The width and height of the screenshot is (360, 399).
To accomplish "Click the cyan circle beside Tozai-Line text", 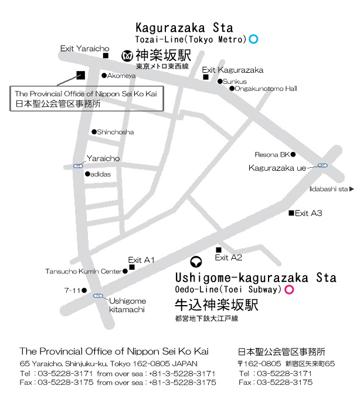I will click(254, 39).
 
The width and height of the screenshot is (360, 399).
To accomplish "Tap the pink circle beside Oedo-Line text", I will click(288, 289).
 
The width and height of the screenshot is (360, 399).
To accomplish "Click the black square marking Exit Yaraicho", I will click(106, 56).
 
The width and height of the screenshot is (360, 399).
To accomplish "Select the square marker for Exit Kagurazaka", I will click(206, 77).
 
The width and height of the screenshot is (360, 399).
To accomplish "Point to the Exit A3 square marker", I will click(291, 213).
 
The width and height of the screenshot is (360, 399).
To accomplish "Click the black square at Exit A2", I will click(219, 249).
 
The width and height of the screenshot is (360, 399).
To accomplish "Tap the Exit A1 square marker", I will click(132, 268).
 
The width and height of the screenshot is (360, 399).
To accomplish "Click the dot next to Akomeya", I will click(104, 76).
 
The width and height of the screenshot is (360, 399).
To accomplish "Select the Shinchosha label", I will click(116, 132).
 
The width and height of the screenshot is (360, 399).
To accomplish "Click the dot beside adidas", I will click(87, 174).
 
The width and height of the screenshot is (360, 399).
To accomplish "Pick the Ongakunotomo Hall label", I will click(266, 89).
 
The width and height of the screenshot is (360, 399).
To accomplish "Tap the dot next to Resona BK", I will click(293, 155).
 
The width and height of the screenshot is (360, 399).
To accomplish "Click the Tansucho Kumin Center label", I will click(83, 271).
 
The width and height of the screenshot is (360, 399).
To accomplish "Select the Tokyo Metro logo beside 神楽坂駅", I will click(127, 56).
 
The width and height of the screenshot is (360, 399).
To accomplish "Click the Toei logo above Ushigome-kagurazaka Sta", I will click(197, 261).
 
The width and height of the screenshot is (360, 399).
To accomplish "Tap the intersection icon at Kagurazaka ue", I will click(322, 166).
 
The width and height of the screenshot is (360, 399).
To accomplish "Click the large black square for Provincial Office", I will click(80, 75).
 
